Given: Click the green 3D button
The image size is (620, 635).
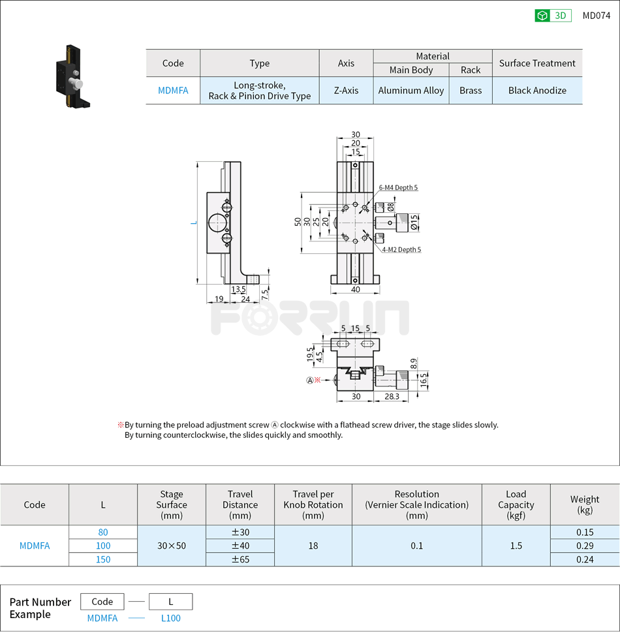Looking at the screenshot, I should pos(553,16).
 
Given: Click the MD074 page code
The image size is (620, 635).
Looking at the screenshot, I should pos(596,16).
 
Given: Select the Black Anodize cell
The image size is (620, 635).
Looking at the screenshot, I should pos(537,91).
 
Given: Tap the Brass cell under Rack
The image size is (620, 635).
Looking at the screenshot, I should pos(470,91).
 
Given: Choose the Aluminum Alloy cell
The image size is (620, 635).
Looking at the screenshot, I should pos(411,91).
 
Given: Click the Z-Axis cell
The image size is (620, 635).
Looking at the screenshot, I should pos(346,91).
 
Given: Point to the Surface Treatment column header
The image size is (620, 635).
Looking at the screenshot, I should pos(537,63).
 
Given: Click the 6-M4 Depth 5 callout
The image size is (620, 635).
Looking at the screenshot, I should pos(398,188).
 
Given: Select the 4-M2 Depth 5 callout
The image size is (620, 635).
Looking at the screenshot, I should pos(401,249).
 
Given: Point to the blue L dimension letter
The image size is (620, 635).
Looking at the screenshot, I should pos(193,223).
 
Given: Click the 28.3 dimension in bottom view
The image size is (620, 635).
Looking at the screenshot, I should pos(392,396).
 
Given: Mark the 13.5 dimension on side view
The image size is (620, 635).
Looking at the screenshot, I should pos(238,288).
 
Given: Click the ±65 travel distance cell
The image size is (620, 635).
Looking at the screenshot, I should pos(240,559).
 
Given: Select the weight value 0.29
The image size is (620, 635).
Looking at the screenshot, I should pos(584,546).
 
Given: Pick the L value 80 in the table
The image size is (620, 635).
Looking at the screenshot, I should pos(103,532).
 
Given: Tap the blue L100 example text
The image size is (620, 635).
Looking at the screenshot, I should pos(170,618).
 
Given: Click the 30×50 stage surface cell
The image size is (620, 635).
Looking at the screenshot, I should pos(172,546).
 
